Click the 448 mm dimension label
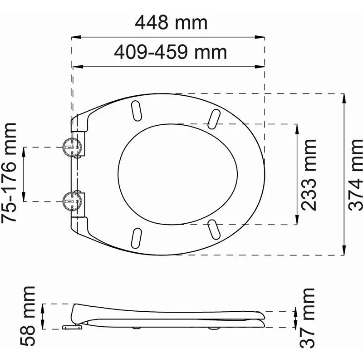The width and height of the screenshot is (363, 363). pyautogui.click(x=171, y=23)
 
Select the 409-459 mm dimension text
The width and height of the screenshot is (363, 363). pyautogui.click(x=171, y=52)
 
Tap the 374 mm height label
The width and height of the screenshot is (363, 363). pyautogui.click(x=355, y=175)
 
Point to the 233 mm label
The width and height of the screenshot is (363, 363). pyautogui.click(x=309, y=175)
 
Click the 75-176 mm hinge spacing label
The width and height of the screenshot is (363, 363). pyautogui.click(x=9, y=173)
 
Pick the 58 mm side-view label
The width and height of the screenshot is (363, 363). pyautogui.click(x=27, y=316)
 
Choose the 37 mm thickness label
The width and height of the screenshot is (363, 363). pyautogui.click(x=307, y=318)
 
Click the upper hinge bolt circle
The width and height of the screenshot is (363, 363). pyautogui.click(x=72, y=147)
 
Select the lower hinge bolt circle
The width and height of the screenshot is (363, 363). pyautogui.click(x=72, y=201)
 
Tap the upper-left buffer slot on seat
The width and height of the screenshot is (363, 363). pyautogui.click(x=137, y=111)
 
